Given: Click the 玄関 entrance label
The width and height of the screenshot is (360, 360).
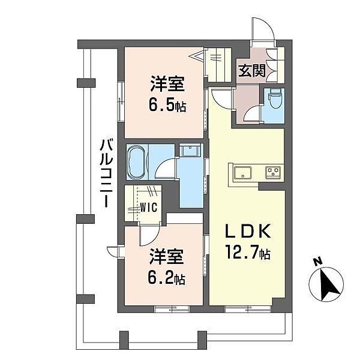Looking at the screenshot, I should click(251, 71).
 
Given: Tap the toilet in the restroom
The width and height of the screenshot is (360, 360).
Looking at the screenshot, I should click(275, 98).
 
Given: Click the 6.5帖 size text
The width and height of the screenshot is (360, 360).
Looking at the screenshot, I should click(167, 106).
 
